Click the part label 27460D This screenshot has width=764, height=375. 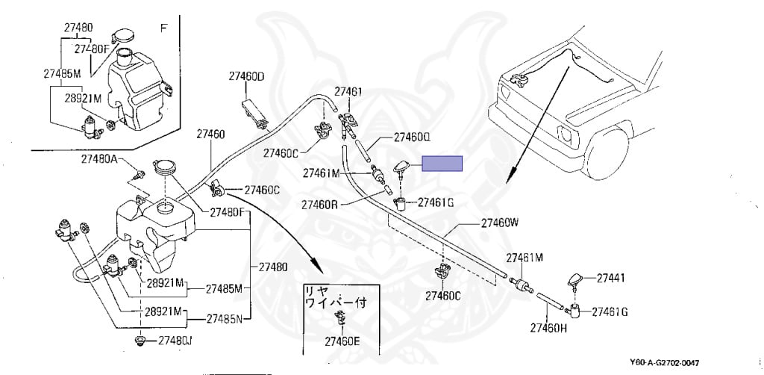point(246,77)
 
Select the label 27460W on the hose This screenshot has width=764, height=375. point(499,223)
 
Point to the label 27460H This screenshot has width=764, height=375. point(549,327)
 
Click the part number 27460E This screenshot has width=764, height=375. point(342,341)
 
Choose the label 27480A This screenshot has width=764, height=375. point(100,159)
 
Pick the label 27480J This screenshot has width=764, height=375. point(175,341)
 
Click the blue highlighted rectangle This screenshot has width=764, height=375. point(442,164)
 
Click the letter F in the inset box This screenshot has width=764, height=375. point(163,28)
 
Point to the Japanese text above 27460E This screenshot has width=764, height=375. point(331,295)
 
